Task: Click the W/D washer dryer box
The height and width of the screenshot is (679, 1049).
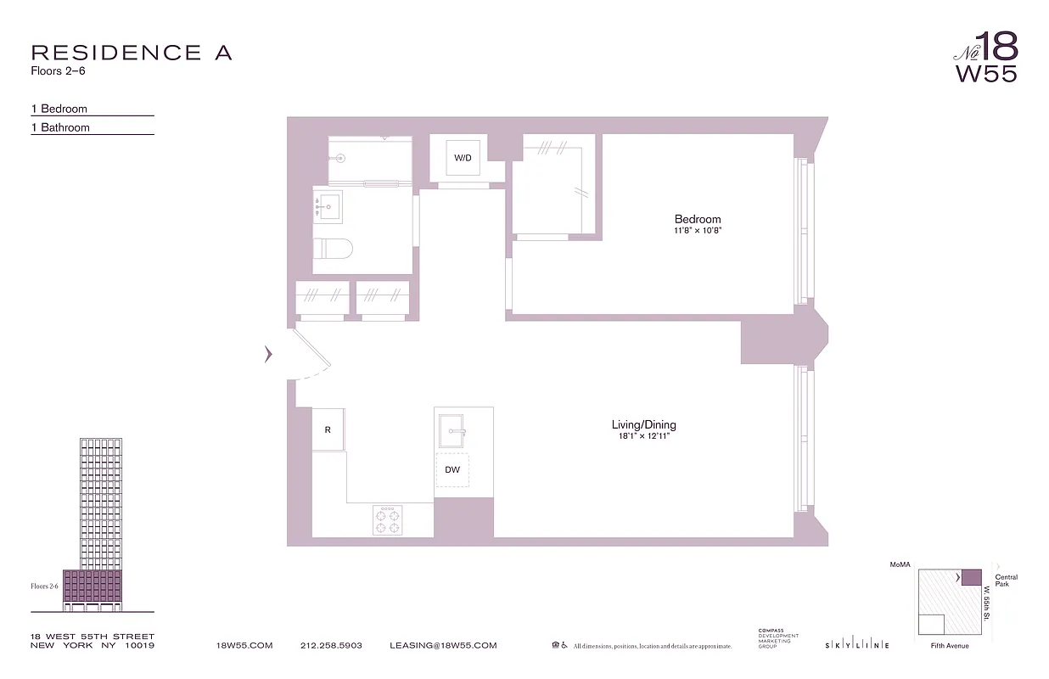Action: pyautogui.click(x=463, y=158)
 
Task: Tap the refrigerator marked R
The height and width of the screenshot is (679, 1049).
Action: pyautogui.click(x=328, y=429)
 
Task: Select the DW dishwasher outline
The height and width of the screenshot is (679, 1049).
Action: pyautogui.click(x=452, y=469)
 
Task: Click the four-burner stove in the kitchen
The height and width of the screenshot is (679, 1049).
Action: pyautogui.click(x=388, y=519)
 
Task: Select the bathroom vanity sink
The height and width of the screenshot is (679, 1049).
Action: pyautogui.click(x=328, y=205)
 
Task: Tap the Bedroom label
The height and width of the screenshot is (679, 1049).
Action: pyautogui.click(x=698, y=219)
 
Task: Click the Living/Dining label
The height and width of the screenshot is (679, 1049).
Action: pyautogui.click(x=644, y=424)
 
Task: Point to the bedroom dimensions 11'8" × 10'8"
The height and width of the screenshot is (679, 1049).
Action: pyautogui.click(x=698, y=230)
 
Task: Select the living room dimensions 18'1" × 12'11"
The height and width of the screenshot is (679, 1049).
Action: pyautogui.click(x=644, y=436)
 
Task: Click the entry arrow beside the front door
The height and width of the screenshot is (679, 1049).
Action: pyautogui.click(x=268, y=355)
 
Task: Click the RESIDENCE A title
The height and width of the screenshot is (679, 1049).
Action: pyautogui.click(x=131, y=53)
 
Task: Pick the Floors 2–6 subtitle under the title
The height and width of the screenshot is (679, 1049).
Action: pyautogui.click(x=58, y=71)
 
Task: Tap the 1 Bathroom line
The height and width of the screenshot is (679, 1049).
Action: pyautogui.click(x=60, y=127)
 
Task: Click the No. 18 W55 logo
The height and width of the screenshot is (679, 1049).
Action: pyautogui.click(x=985, y=57)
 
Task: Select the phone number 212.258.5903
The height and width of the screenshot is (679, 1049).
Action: pyautogui.click(x=331, y=646)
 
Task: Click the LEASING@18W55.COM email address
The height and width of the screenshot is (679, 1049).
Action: pyautogui.click(x=443, y=646)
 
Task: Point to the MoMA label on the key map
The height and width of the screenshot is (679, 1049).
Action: pyautogui.click(x=899, y=564)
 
